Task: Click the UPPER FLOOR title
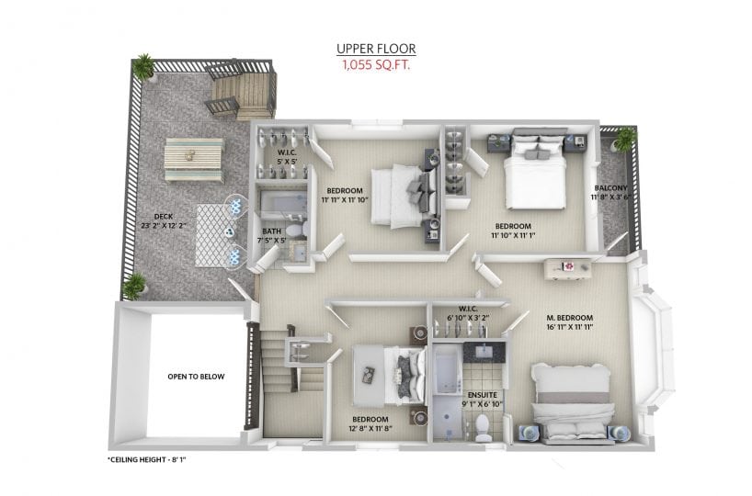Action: (376, 49)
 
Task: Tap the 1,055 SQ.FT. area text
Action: (376, 64)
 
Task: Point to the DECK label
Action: (164, 217)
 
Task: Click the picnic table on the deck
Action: (194, 160)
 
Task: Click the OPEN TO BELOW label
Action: (196, 377)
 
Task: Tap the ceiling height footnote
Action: (146, 459)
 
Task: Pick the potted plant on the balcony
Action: (625, 140)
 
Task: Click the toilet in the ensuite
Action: (482, 427)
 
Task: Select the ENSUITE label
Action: (483, 395)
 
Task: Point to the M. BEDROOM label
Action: (570, 318)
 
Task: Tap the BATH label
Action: (272, 231)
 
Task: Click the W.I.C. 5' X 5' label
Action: (288, 157)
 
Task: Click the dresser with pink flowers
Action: (568, 268)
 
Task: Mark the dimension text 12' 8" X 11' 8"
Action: (370, 428)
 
